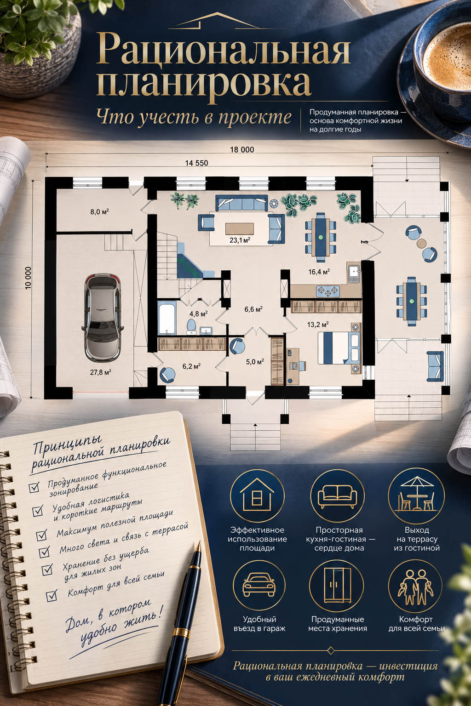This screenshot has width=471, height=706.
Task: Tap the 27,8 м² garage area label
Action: click(101, 372)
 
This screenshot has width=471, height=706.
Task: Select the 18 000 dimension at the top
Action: click(242, 150)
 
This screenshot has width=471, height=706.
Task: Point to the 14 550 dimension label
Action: click(196, 163)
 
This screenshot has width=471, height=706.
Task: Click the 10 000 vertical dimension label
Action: click(28, 278)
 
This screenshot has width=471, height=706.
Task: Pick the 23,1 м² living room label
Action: click(240, 240)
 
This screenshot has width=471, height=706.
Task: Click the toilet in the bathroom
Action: click(191, 326)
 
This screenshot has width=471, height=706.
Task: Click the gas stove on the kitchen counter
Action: click(328, 291)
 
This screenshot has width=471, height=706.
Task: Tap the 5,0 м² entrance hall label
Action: click(255, 362)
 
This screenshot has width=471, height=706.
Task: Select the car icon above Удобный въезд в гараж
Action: click(259, 586)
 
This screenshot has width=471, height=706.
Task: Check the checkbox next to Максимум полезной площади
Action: click(41, 535)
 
